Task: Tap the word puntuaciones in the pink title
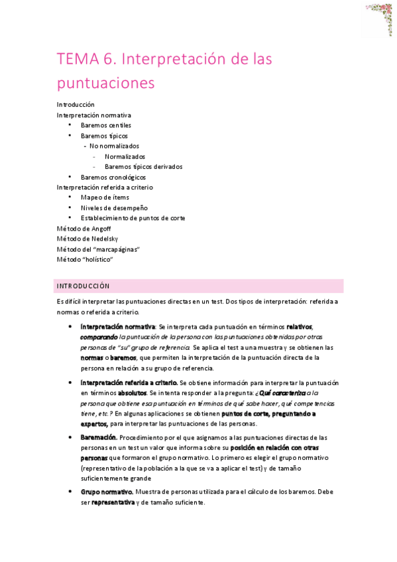105,83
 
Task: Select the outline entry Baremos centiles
106,125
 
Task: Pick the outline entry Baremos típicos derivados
144,167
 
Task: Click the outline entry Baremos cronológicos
113,178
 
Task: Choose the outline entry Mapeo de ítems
105,197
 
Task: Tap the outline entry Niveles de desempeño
114,208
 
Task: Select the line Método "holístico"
85,259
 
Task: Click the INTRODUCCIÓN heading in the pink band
83,286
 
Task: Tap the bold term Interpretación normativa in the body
117,327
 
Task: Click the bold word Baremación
99,437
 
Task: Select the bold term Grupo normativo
107,492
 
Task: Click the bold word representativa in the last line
113,502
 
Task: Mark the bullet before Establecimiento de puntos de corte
70,218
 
